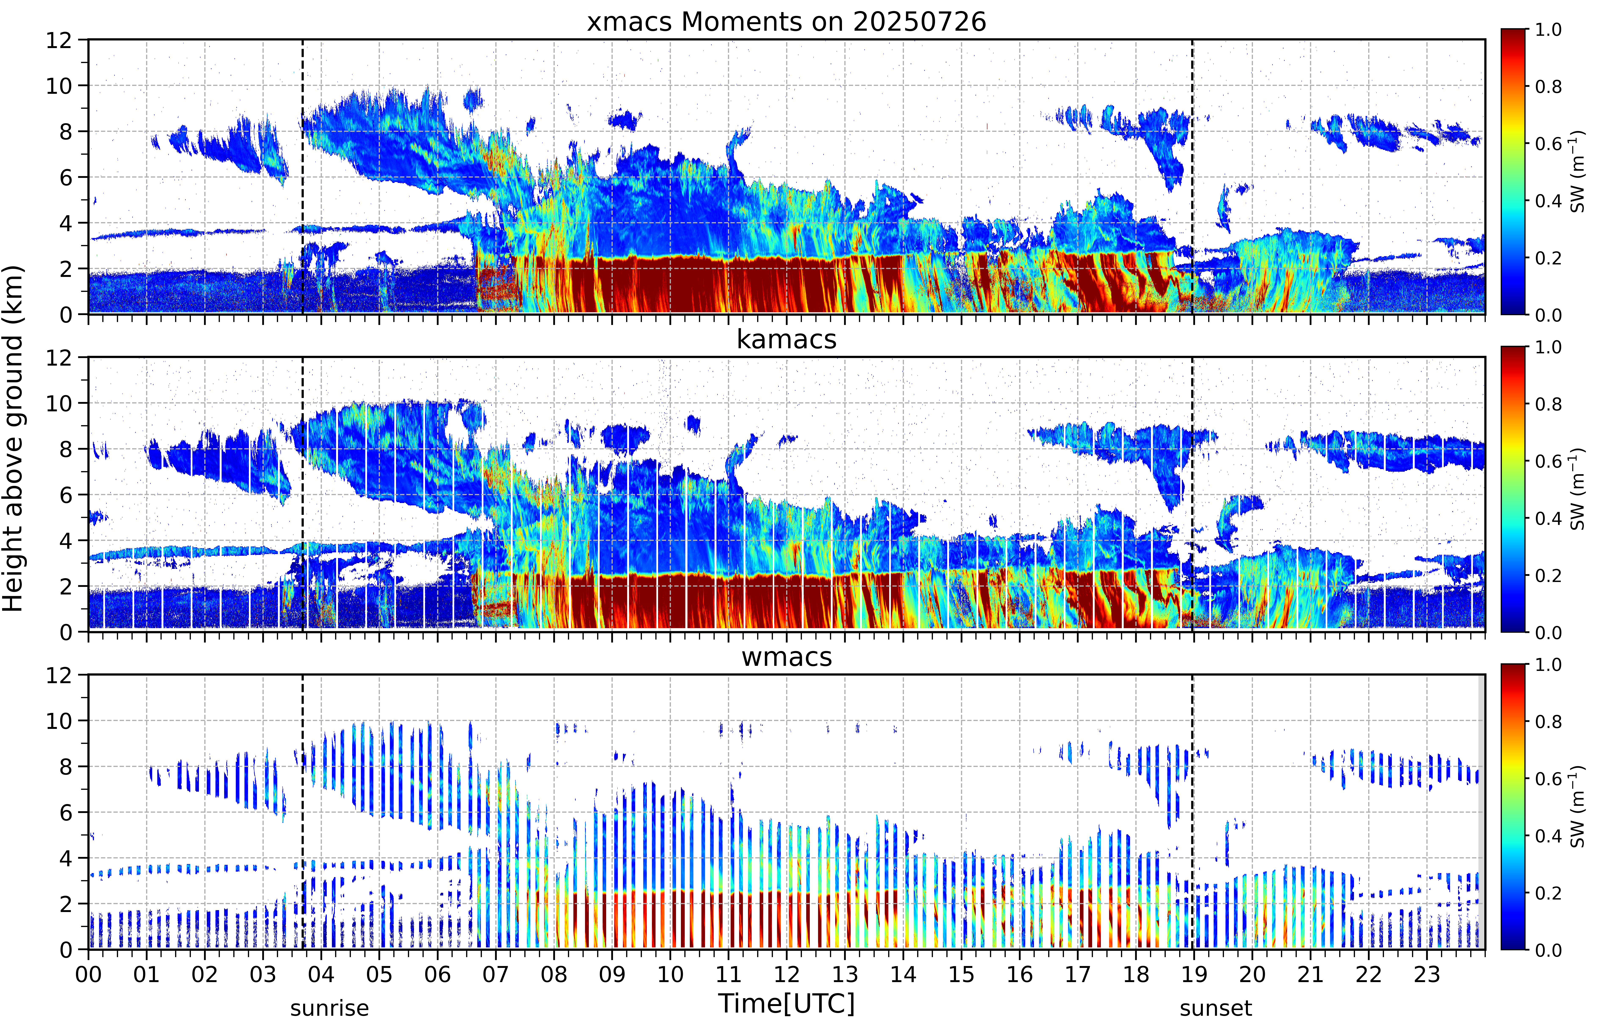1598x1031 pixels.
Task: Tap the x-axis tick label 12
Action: (x=787, y=974)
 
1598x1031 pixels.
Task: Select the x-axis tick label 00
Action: (x=88, y=974)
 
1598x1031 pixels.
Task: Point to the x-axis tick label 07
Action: (x=496, y=974)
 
